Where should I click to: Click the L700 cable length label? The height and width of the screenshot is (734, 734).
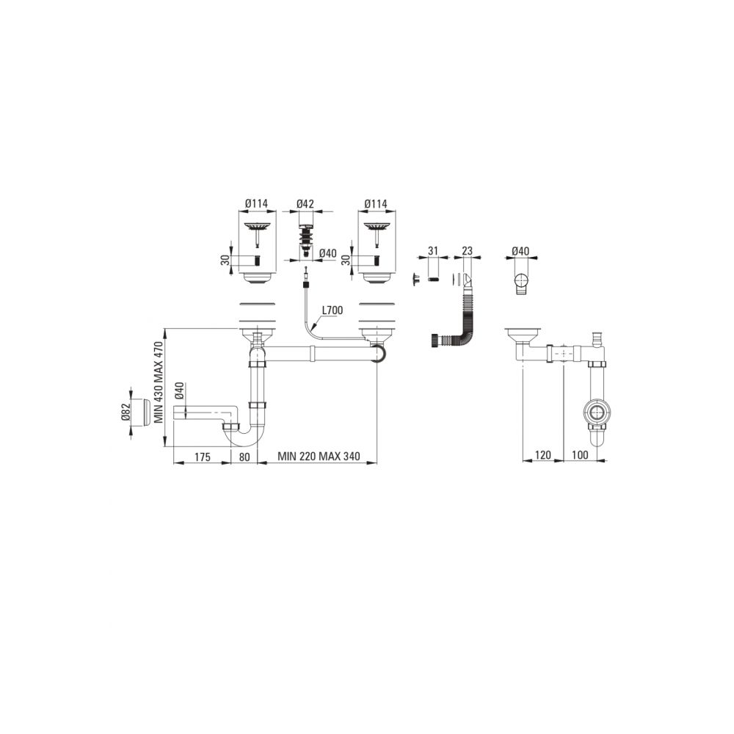(x=333, y=310)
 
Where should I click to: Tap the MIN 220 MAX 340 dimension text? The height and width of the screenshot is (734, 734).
(x=319, y=456)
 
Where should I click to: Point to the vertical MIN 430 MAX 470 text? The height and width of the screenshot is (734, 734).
(x=159, y=382)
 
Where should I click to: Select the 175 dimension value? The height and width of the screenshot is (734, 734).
(x=203, y=457)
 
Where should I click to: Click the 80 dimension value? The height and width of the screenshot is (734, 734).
(x=244, y=457)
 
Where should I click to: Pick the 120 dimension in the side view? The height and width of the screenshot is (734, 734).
(x=542, y=455)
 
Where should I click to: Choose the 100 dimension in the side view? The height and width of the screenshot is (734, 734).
(x=580, y=455)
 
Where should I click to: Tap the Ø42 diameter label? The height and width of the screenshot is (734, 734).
(x=305, y=204)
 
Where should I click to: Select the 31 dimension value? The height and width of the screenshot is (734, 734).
(x=433, y=251)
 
